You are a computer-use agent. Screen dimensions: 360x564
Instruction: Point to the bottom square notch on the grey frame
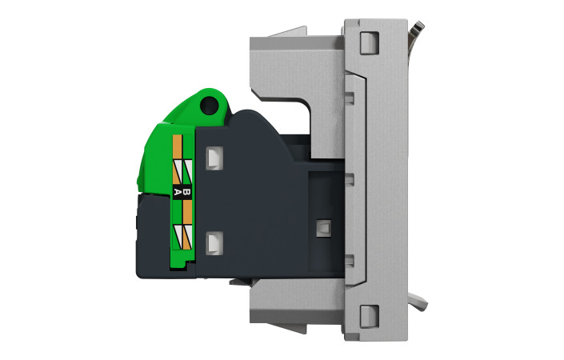pyautogui.click(x=369, y=315)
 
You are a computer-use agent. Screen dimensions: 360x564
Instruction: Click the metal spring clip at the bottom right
pyautogui.click(x=417, y=302)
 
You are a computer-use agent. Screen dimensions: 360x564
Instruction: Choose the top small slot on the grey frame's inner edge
pyautogui.click(x=349, y=98)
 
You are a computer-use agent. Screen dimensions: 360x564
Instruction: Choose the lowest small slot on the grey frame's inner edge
pyautogui.click(x=349, y=259)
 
